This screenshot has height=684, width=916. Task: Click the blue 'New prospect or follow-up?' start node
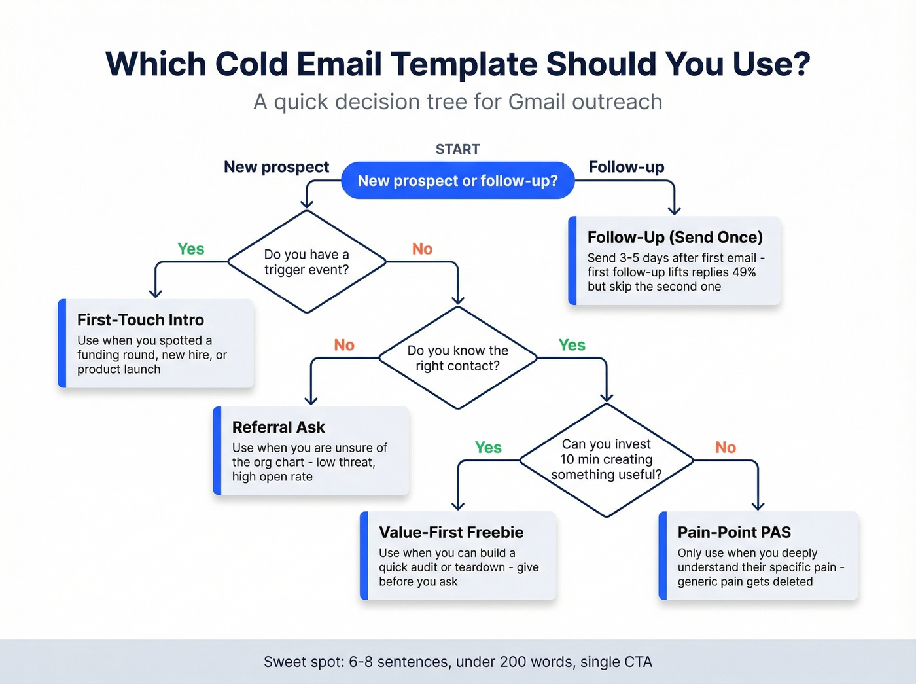click(457, 181)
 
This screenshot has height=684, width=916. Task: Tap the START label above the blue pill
click(457, 149)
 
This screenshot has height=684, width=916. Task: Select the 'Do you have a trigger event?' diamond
click(306, 262)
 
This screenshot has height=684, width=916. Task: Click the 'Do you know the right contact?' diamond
click(457, 358)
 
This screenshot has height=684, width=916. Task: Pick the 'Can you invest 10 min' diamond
click(606, 459)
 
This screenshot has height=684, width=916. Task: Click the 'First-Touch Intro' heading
click(141, 320)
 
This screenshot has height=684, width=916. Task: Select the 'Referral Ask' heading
click(278, 427)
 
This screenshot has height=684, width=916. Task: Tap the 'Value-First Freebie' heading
click(451, 533)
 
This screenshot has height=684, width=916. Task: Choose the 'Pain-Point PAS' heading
click(734, 533)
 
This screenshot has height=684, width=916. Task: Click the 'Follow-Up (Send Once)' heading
click(675, 238)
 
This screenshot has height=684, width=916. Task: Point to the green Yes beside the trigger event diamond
click(191, 249)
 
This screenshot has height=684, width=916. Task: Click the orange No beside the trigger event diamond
click(422, 249)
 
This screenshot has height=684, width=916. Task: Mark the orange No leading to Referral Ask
click(344, 346)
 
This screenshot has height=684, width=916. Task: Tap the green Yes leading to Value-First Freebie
click(488, 448)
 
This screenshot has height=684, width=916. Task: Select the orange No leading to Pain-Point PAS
click(726, 448)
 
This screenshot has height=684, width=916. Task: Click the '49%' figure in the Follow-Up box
click(743, 272)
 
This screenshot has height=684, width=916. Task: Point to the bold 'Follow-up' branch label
click(626, 168)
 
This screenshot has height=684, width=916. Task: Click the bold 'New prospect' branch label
click(276, 168)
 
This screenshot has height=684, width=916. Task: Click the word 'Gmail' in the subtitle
click(537, 102)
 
